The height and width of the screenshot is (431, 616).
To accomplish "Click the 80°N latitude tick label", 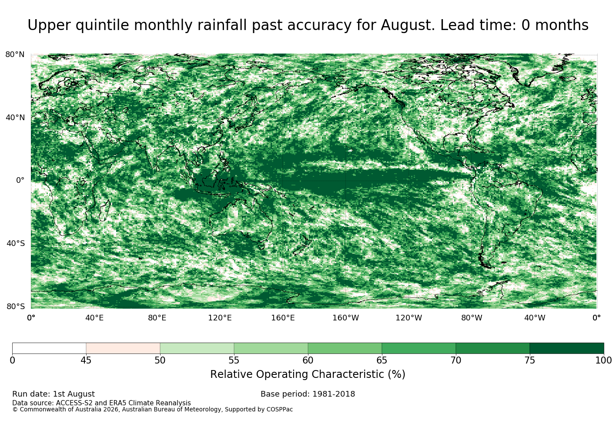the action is tap(15, 54).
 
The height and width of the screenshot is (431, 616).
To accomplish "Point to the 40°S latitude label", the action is tap(15, 243).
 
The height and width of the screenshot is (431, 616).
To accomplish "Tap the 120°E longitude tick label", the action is tap(220, 318).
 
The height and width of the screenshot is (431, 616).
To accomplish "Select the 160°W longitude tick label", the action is tap(346, 318).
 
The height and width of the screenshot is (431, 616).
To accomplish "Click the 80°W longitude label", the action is tap(472, 318).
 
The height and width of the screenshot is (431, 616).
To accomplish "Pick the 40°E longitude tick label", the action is tap(94, 318).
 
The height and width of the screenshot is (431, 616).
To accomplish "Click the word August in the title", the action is tap(408, 25).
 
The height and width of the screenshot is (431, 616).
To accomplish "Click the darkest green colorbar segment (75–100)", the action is tap(566, 348).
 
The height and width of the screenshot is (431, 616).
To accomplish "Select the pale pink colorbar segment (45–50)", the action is tap(123, 348).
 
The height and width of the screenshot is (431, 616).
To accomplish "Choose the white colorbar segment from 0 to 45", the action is tap(49, 348).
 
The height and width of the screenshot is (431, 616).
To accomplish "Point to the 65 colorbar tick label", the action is tap(382, 360).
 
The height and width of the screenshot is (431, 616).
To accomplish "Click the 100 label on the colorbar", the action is tap(604, 360).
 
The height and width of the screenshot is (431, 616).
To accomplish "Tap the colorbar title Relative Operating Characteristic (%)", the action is tap(308, 374).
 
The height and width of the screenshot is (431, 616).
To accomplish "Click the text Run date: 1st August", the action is tap(54, 394).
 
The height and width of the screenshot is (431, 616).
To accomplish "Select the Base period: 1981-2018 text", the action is tap(308, 394).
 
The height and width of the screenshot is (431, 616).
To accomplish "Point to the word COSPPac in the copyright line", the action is tap(279, 409).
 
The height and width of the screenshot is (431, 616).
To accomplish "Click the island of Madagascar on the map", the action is tap(105, 211).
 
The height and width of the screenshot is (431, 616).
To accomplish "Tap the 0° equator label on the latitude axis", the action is tap(20, 180).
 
